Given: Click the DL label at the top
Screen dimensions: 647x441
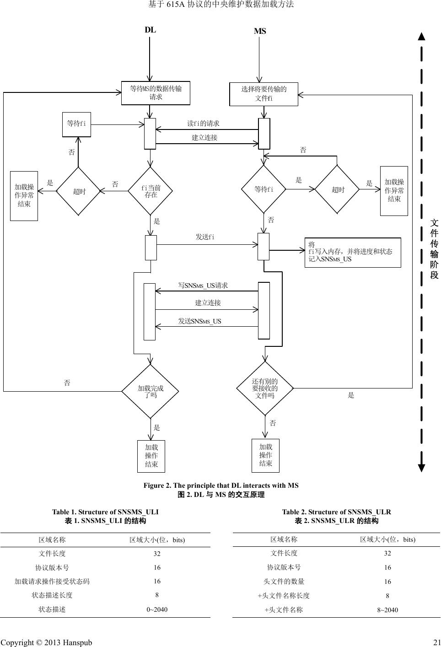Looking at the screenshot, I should (150, 30).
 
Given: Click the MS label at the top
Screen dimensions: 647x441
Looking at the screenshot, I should (260, 32).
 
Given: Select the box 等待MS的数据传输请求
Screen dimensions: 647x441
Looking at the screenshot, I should (156, 93).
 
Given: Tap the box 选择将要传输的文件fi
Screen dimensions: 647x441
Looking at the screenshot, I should (264, 94).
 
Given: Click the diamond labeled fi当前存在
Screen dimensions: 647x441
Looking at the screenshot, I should (151, 191).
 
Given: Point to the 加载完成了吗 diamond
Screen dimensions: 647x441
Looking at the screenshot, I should (151, 391).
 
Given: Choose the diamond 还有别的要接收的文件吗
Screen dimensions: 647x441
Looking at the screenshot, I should (265, 388).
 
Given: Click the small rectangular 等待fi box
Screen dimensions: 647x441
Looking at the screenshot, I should (76, 124).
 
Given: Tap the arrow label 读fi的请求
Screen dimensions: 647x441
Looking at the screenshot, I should (203, 124).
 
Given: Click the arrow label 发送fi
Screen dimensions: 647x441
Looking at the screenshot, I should (205, 237).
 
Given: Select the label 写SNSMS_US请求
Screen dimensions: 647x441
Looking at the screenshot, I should (203, 286).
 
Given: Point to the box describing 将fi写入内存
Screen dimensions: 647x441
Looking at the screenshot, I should (352, 252).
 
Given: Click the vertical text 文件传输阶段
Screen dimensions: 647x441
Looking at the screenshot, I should (434, 249).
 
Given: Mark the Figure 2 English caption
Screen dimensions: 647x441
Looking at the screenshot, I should (221, 485).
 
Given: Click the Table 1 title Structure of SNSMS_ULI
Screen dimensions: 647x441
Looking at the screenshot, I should (105, 512).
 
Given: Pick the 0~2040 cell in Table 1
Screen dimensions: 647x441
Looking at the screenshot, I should (157, 609).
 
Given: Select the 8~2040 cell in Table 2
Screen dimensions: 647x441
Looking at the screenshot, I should (387, 610).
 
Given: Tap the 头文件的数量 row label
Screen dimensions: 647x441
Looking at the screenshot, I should (284, 582).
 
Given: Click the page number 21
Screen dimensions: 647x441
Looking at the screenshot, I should (436, 642).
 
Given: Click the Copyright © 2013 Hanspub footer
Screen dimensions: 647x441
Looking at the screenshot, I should (46, 642).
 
